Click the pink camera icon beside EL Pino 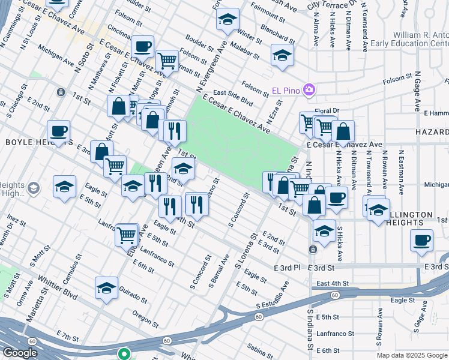(309, 90)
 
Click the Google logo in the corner (20, 353)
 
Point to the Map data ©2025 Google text (412, 355)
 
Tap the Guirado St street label (132, 295)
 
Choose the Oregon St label (145, 318)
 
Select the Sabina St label (260, 349)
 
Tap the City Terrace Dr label (333, 5)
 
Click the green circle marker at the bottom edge (124, 354)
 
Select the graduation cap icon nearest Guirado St (106, 287)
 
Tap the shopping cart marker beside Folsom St (167, 60)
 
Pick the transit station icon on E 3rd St (313, 248)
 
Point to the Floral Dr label (327, 110)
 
